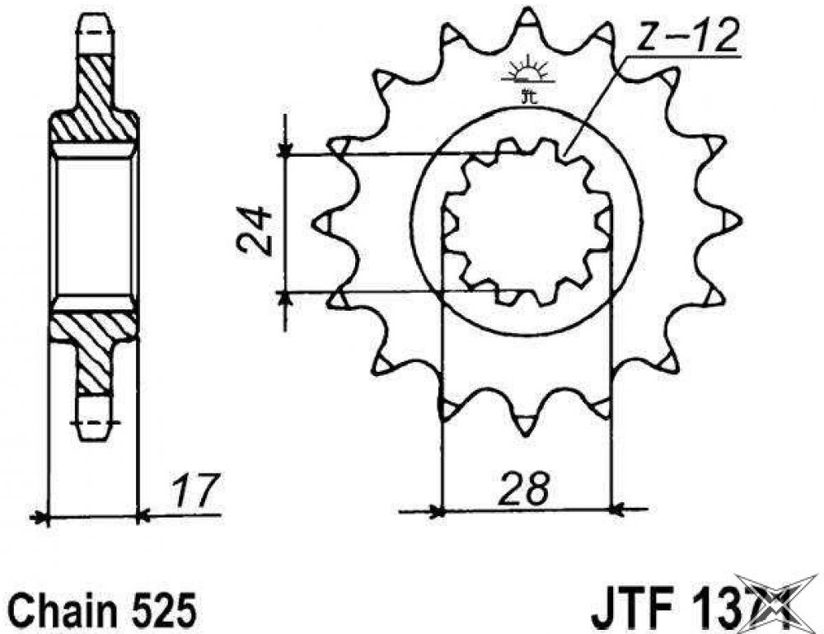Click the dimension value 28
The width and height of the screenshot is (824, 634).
coord(522,488)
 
